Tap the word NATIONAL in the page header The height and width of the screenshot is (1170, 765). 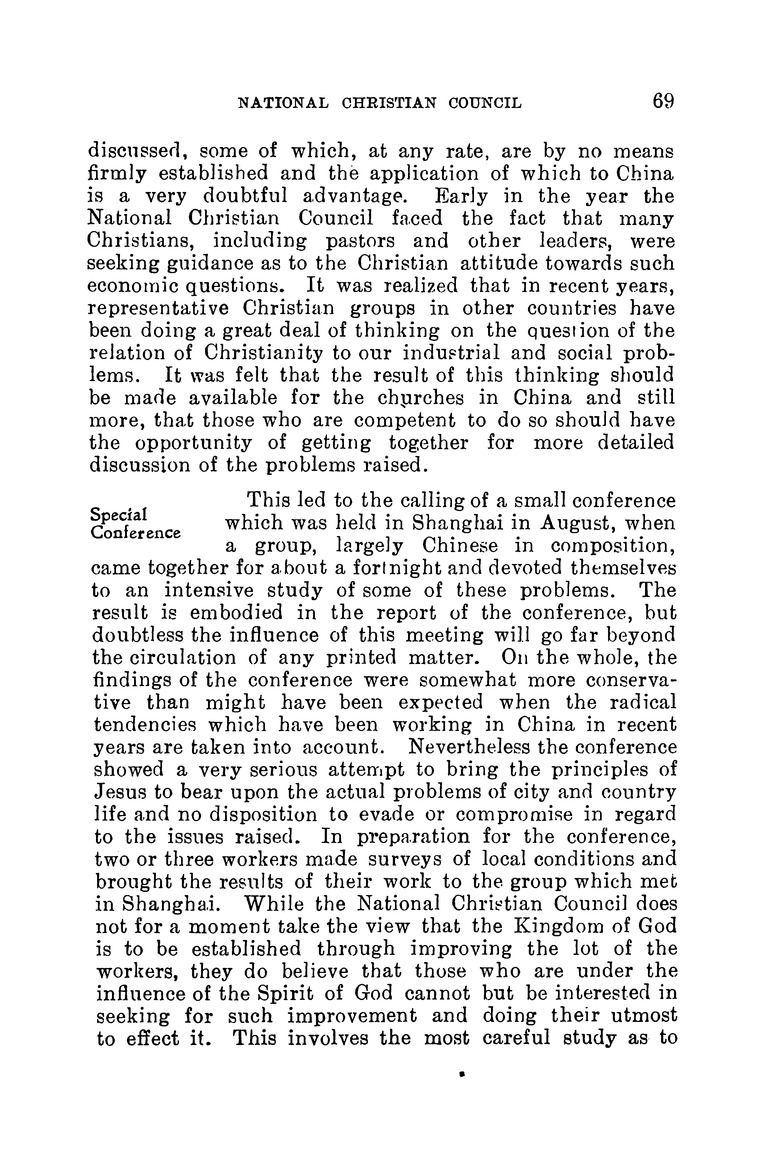click(x=281, y=102)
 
